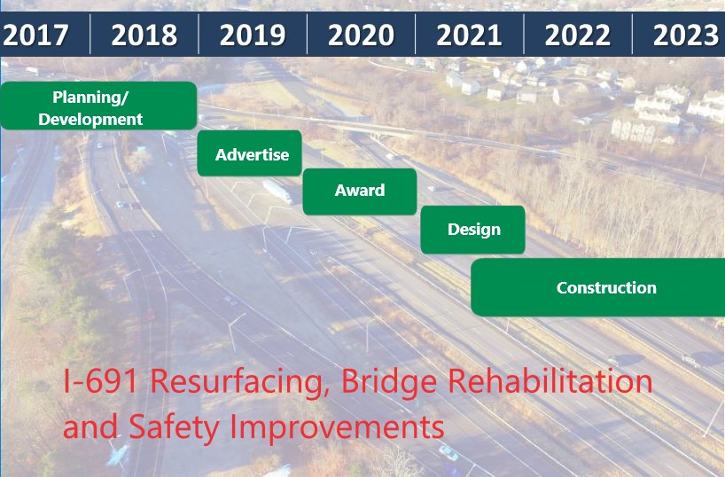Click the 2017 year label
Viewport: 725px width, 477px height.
[x=35, y=35]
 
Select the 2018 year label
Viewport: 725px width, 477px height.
[x=144, y=35]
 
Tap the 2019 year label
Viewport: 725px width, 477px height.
[x=253, y=35]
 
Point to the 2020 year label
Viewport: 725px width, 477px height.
[x=361, y=35]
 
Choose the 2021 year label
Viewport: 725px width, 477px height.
[x=470, y=35]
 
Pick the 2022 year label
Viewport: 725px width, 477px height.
[x=578, y=35]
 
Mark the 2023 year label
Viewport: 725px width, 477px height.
[x=686, y=35]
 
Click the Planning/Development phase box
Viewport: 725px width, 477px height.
[x=98, y=106]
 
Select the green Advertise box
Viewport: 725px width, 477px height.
[x=250, y=153]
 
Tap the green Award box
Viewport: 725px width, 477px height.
[x=360, y=192]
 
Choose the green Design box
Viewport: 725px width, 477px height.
[x=472, y=230]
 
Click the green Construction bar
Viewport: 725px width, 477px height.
[x=598, y=287]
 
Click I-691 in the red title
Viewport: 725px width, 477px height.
[x=101, y=381]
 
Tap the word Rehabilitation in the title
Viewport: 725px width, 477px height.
[x=550, y=380]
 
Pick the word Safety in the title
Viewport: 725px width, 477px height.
[x=174, y=427]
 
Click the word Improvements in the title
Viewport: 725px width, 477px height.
[x=337, y=427]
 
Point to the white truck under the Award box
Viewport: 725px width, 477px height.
[x=278, y=192]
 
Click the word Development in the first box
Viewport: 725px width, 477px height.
[x=90, y=120]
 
